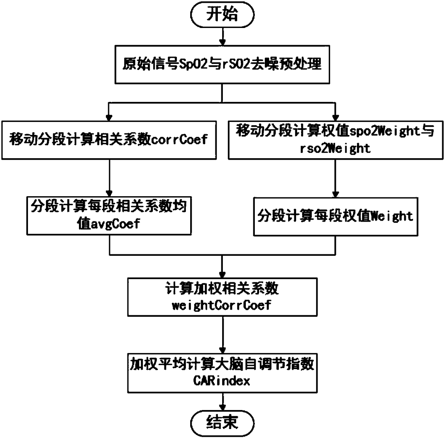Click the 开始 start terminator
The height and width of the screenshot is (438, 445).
(222, 15)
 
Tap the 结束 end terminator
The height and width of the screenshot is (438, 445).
(222, 422)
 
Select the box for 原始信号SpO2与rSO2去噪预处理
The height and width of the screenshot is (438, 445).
(222, 65)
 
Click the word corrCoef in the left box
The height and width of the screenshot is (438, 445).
(179, 139)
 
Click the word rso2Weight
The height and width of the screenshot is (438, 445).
(335, 148)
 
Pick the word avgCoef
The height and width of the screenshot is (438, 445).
(115, 224)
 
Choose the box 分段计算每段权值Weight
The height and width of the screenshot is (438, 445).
(336, 216)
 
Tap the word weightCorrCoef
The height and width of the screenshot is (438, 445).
(222, 305)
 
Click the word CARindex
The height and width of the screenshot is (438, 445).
(222, 381)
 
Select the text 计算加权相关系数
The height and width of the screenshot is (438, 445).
(222, 288)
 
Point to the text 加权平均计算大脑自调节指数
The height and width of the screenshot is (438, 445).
(222, 364)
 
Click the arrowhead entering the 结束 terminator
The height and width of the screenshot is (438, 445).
(222, 408)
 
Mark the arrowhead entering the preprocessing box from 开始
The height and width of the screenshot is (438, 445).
(222, 42)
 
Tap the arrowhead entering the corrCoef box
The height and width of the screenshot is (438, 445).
(109, 117)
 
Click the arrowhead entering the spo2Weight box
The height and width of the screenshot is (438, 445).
(336, 117)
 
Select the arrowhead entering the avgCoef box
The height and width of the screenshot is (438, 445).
(109, 193)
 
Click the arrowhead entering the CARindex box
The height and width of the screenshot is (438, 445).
(222, 350)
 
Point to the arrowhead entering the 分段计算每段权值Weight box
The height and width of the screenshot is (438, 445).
(336, 194)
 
